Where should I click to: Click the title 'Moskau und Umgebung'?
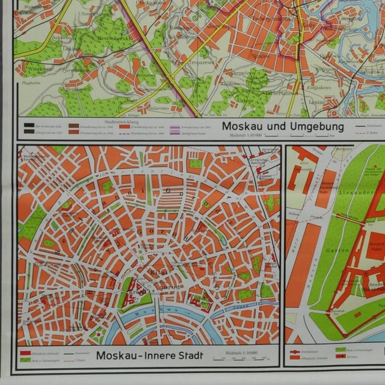283,127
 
